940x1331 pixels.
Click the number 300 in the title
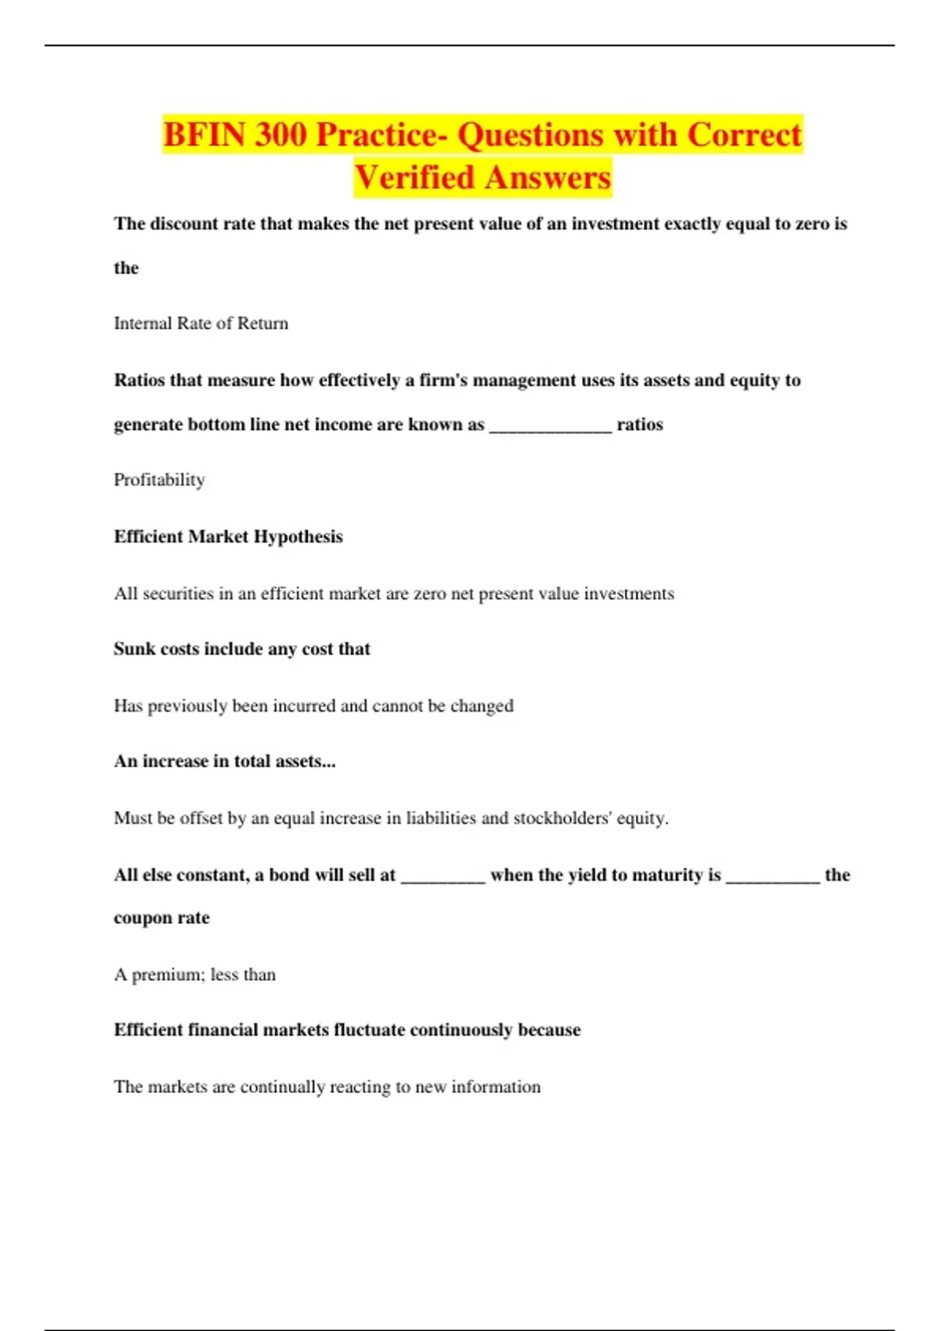(280, 135)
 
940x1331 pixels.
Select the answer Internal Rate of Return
(201, 323)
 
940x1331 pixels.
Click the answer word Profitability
(159, 480)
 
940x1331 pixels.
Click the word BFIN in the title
(204, 135)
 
